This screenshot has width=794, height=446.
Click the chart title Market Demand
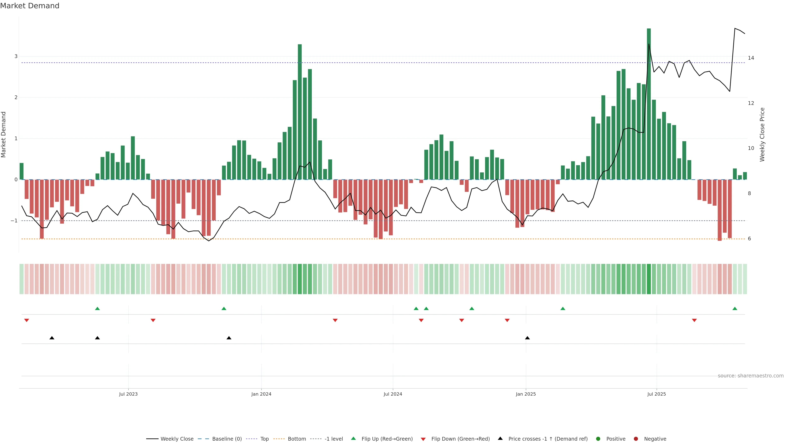[x=30, y=6]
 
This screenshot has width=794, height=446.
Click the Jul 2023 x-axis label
[x=128, y=394]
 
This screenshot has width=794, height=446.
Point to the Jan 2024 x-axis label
[x=261, y=394]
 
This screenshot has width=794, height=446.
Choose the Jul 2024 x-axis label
[x=393, y=394]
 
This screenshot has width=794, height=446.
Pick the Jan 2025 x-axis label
[x=526, y=394]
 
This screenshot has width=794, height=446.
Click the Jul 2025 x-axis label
[x=656, y=394]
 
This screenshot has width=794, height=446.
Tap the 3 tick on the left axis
[x=16, y=56]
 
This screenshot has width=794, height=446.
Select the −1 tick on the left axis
[x=14, y=221]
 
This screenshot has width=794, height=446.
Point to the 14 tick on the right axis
[x=751, y=58]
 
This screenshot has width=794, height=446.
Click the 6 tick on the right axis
[x=749, y=238]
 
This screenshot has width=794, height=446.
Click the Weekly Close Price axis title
[x=762, y=134]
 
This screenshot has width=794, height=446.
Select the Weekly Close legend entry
[x=177, y=439]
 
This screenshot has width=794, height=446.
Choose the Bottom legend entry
[x=297, y=439]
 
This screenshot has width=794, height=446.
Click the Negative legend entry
[x=655, y=439]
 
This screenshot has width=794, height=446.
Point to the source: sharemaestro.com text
[x=751, y=376]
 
